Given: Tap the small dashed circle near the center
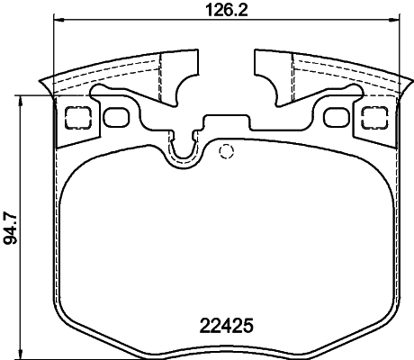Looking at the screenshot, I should (x=227, y=149).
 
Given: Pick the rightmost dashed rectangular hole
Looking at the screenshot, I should (x=374, y=117).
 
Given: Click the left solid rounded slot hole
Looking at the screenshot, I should (x=116, y=117).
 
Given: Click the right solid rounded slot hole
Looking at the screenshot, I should (x=337, y=117).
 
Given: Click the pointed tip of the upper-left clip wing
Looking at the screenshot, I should (x=42, y=85).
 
